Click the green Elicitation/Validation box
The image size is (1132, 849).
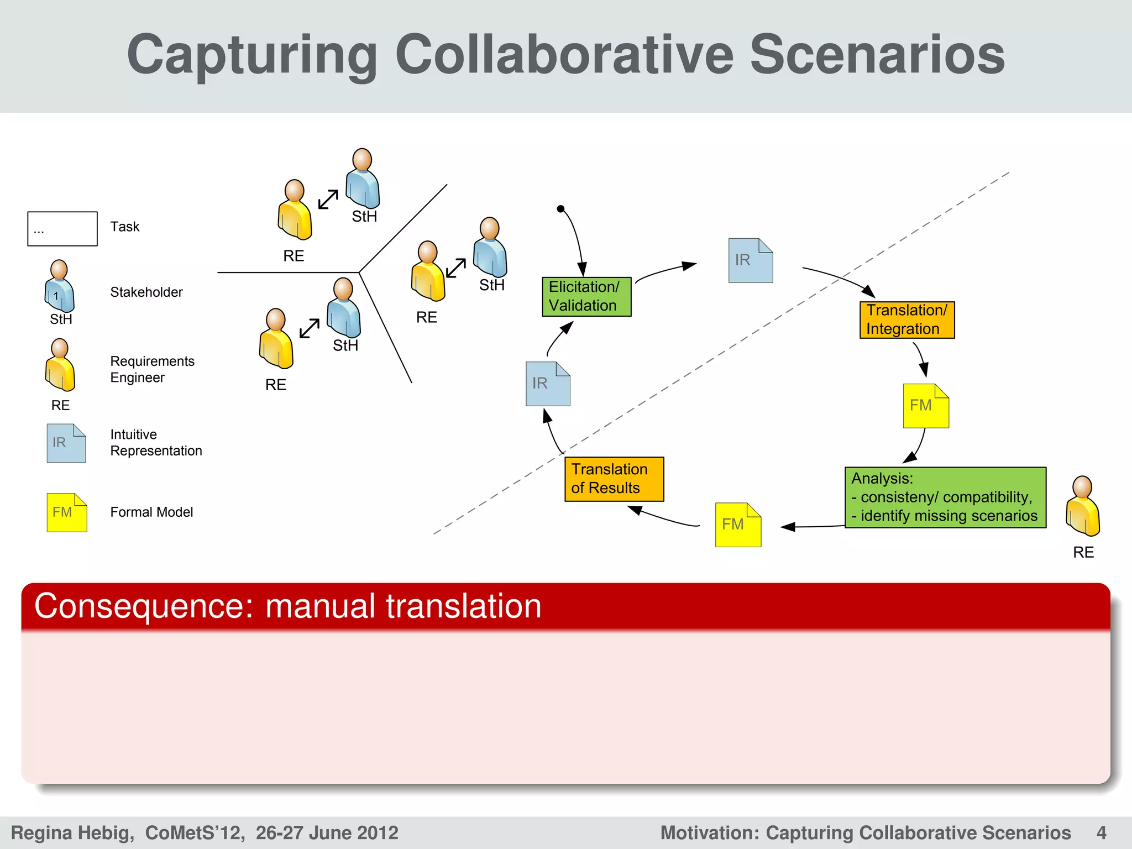586,297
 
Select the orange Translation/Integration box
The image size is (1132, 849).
907,319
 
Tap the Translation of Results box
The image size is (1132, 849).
614,479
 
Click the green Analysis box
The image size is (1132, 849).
945,497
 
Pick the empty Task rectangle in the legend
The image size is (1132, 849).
62,228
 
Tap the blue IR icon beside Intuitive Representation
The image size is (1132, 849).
66,443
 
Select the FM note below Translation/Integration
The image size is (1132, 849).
926,406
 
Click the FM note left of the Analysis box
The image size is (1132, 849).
738,525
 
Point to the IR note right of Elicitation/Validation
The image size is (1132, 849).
750,260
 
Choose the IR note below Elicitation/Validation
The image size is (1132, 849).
548,384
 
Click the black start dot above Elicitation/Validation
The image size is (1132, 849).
560,209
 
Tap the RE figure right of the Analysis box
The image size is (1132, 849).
1082,506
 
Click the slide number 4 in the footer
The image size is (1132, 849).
1101,832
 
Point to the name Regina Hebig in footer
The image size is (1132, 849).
72,832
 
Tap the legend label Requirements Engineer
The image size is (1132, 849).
152,369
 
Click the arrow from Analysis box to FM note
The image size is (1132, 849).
813,527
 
